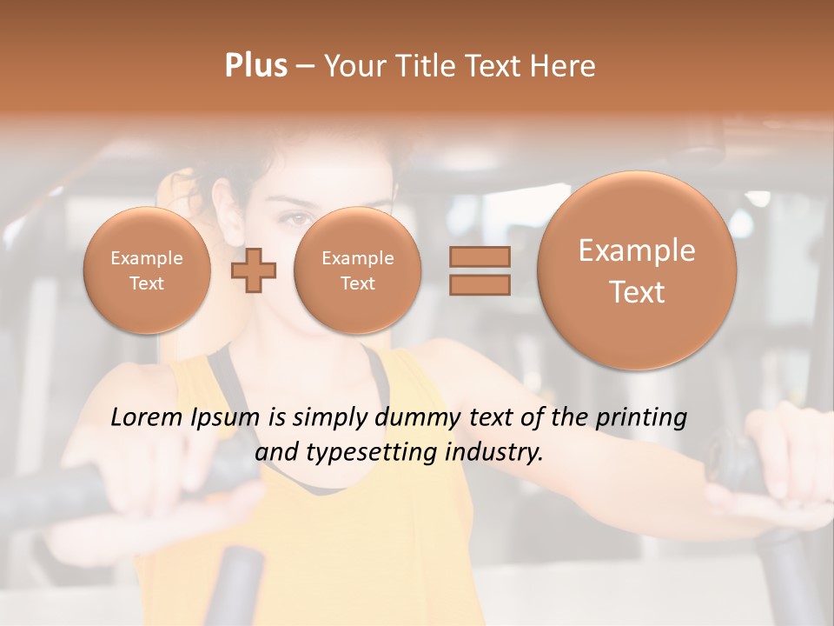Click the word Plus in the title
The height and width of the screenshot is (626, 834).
[255, 66]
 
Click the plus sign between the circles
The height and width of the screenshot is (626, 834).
[254, 271]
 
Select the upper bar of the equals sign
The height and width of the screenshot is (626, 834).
[480, 257]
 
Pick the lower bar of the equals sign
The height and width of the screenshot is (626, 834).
[480, 285]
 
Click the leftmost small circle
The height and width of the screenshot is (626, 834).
[147, 270]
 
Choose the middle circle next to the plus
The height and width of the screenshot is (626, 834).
[358, 270]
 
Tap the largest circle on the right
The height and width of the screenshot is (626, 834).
[637, 270]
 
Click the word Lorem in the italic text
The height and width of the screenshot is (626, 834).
[147, 417]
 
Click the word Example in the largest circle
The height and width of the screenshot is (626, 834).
[637, 250]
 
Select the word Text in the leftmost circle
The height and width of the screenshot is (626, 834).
[147, 283]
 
